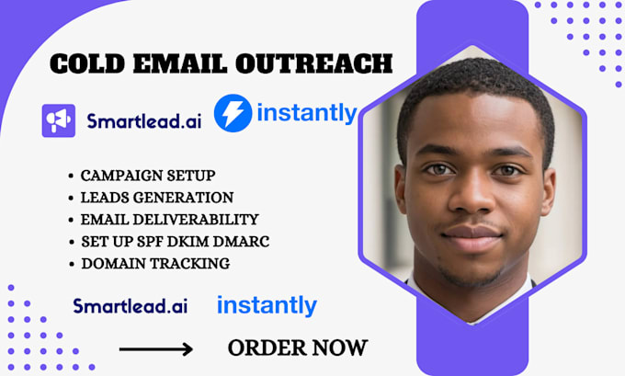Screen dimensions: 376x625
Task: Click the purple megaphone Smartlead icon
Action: pyautogui.click(x=58, y=120)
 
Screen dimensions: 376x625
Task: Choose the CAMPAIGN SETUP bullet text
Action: pyautogui.click(x=147, y=175)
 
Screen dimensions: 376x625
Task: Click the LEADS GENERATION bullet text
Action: pyautogui.click(x=157, y=197)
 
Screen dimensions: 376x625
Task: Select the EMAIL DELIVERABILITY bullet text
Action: pyautogui.click(x=170, y=219)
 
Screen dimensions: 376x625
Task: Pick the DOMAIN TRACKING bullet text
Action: pyautogui.click(x=154, y=263)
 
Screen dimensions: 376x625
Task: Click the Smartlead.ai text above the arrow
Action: pyautogui.click(x=130, y=306)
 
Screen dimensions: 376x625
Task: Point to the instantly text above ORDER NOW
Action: pyautogui.click(x=267, y=305)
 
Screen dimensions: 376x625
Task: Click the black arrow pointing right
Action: pyautogui.click(x=156, y=349)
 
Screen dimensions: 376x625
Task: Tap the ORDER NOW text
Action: pyautogui.click(x=297, y=348)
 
